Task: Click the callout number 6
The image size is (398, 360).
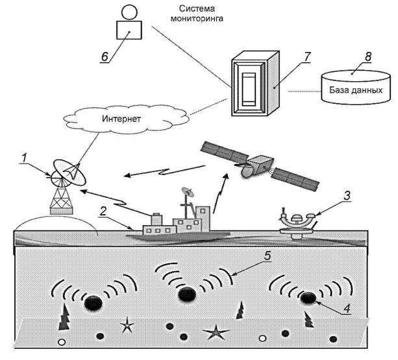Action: (105, 57)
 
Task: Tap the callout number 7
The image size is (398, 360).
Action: (307, 57)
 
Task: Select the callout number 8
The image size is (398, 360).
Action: (368, 57)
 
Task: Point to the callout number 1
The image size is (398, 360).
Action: (24, 158)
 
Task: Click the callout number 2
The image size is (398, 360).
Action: (103, 211)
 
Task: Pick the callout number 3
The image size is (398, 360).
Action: (347, 196)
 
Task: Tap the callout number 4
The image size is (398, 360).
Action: (347, 309)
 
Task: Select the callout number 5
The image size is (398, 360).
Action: (267, 256)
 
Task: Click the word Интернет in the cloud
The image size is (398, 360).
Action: (121, 119)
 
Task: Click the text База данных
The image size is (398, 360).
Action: (356, 90)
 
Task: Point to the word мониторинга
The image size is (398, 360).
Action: (197, 19)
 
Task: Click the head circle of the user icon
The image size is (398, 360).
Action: (129, 12)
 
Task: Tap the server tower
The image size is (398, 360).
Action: (256, 84)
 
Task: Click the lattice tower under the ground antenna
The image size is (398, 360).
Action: (62, 201)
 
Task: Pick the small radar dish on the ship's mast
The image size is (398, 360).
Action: (188, 191)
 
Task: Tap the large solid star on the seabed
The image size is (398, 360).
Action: (216, 332)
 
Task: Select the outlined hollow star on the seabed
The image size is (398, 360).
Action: (127, 325)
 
